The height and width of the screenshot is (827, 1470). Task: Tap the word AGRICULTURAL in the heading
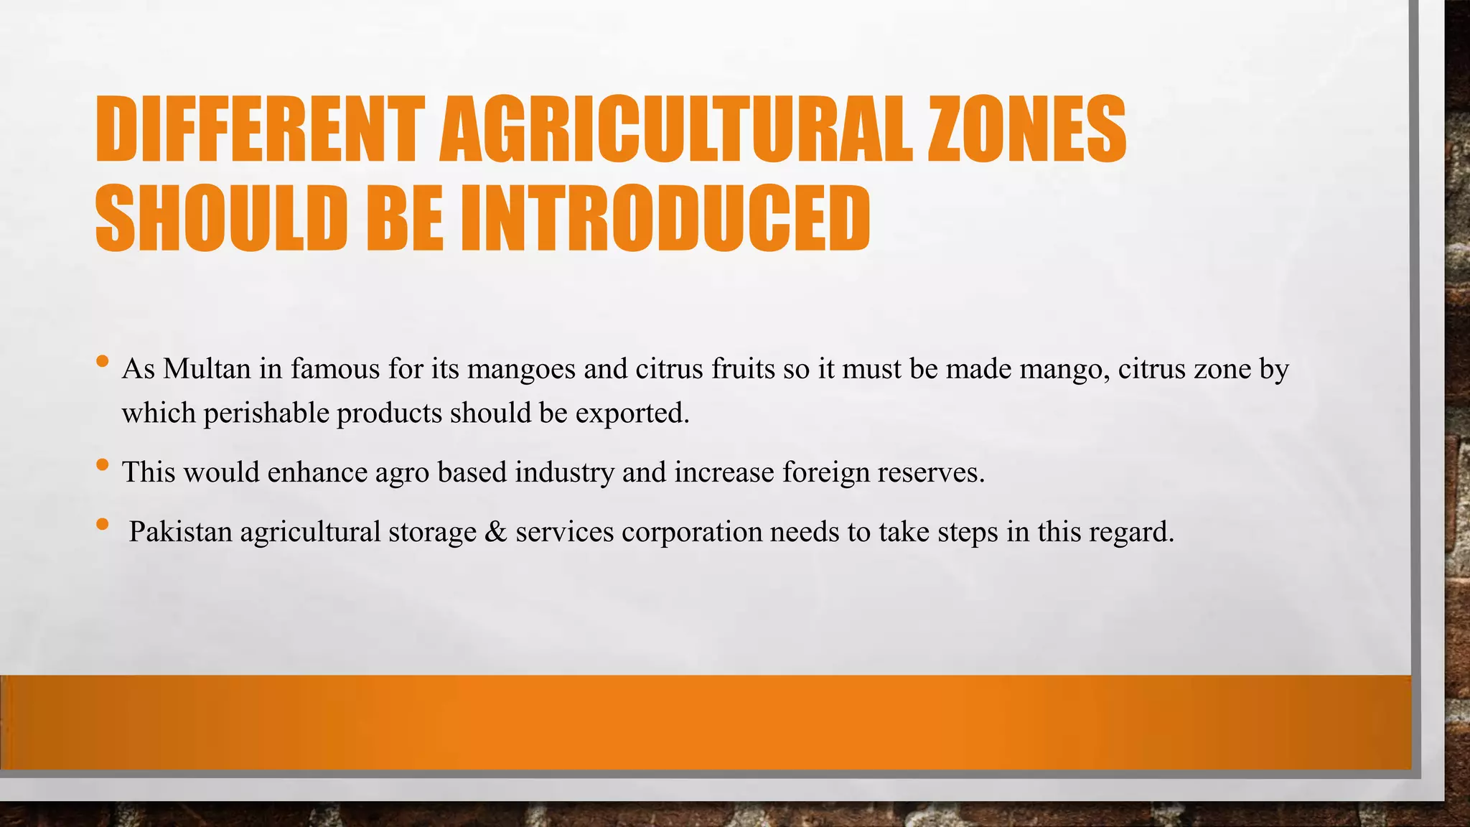[675, 131]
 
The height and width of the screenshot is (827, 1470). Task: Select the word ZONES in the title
[1026, 131]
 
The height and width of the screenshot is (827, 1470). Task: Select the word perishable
[266, 413]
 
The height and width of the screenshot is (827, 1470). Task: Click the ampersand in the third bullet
[495, 532]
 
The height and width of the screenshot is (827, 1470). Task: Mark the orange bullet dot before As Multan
[102, 360]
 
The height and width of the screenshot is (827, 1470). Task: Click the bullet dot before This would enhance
[102, 464]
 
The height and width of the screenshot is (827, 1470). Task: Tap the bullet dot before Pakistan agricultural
[102, 524]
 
